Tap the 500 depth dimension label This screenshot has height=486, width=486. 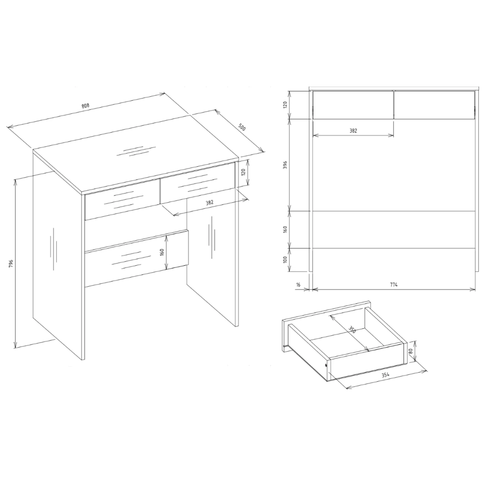pyautogui.click(x=242, y=128)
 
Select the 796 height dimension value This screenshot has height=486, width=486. pyautogui.click(x=11, y=263)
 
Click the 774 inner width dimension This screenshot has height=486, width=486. pyautogui.click(x=394, y=285)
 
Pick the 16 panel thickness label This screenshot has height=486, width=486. pyautogui.click(x=298, y=285)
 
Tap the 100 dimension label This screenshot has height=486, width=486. pyautogui.click(x=285, y=260)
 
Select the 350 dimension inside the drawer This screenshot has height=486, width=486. pyautogui.click(x=352, y=329)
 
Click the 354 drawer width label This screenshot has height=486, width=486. pyautogui.click(x=385, y=375)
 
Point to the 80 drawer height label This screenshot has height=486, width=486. pyautogui.click(x=410, y=351)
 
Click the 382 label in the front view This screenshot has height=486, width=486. pyautogui.click(x=353, y=131)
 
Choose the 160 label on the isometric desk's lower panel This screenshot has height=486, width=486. pyautogui.click(x=162, y=252)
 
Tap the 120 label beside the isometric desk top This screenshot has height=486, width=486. pyautogui.click(x=243, y=173)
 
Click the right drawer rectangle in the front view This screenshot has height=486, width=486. pyautogui.click(x=434, y=104)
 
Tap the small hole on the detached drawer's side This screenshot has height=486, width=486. pyautogui.click(x=326, y=365)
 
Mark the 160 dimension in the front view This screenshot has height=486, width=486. pyautogui.click(x=285, y=229)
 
